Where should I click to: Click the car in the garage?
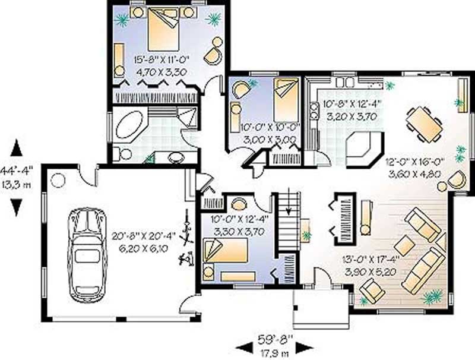coord(87,254)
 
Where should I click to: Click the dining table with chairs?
coord(424,124)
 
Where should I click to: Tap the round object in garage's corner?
coord(58,179)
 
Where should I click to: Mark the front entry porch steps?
coord(315,307)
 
